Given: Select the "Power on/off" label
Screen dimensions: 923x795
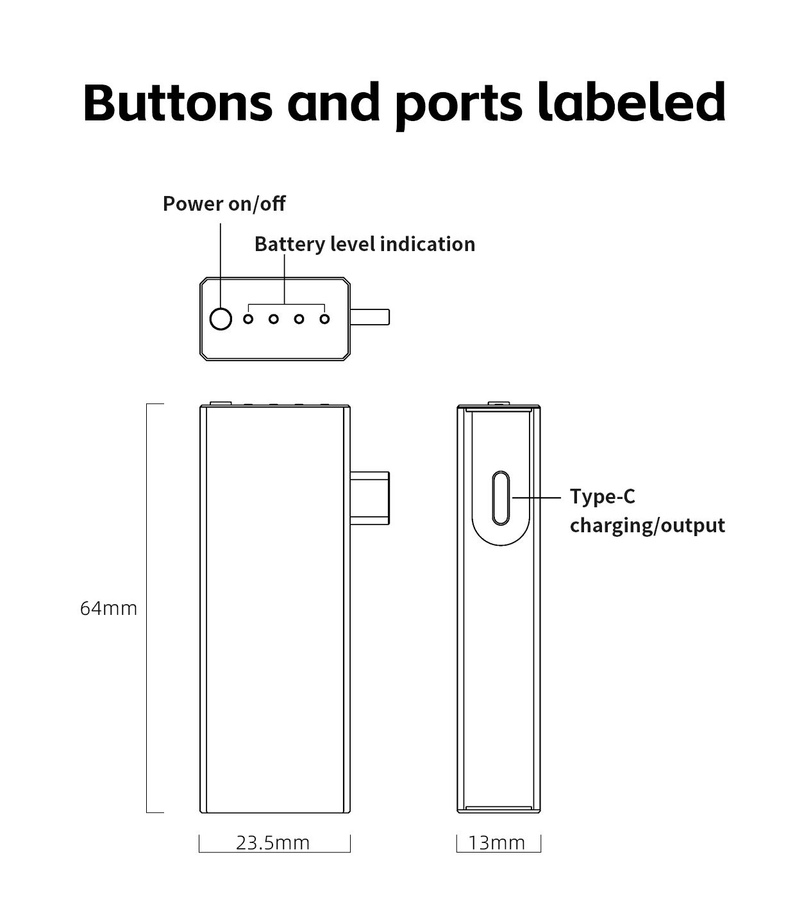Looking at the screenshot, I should (224, 204).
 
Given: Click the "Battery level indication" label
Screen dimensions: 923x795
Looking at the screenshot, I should (364, 244).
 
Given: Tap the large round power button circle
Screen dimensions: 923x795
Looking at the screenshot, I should (221, 318).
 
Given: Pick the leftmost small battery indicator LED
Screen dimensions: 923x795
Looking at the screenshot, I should (248, 318).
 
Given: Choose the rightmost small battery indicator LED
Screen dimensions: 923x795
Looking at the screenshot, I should (324, 318).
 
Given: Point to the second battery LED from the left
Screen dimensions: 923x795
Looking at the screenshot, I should (274, 318).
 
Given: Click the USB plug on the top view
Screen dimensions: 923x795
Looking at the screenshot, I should (370, 317).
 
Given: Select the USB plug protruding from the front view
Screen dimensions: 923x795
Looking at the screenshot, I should (370, 497).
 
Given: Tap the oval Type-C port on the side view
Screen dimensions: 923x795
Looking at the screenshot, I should (501, 498).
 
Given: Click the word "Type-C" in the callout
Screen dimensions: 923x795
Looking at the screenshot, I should (602, 496).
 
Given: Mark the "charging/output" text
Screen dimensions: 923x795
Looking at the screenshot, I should (647, 525).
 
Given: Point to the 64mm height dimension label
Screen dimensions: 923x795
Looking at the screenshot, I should (108, 608).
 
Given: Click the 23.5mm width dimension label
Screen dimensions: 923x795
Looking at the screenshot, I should (272, 842).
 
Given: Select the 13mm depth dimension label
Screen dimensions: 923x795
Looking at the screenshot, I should (496, 842).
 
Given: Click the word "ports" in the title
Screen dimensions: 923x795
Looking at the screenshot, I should (458, 102).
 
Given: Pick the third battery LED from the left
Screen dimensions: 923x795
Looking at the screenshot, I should (299, 318).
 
